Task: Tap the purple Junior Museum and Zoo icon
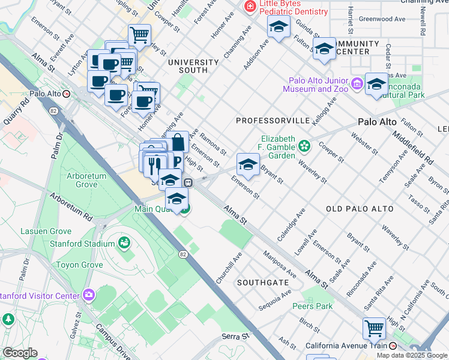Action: click(357, 82)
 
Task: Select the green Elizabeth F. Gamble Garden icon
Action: click(305, 145)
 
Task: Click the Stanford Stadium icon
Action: click(124, 243)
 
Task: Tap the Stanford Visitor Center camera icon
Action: click(89, 295)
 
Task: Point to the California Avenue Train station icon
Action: click(393, 346)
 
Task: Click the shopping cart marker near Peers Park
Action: click(374, 329)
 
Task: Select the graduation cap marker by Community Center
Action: click(324, 49)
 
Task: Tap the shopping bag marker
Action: click(178, 143)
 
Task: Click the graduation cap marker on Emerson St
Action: click(248, 164)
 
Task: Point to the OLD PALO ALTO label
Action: click(360, 209)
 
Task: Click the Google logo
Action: click(19, 353)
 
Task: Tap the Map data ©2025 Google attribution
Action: click(411, 355)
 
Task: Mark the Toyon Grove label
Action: click(79, 265)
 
